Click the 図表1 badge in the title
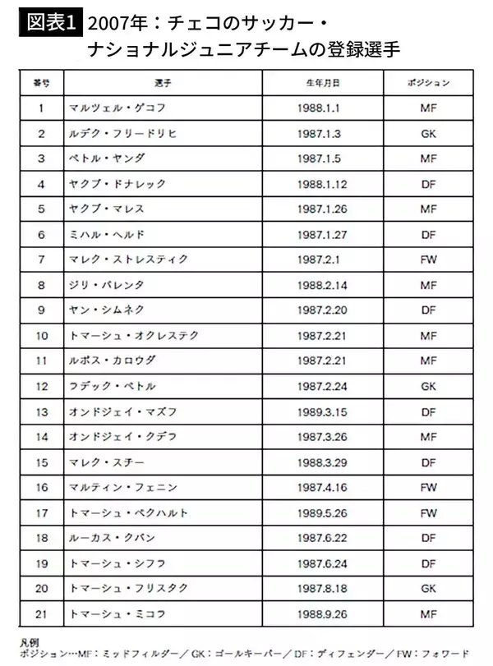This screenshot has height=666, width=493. [x=48, y=22]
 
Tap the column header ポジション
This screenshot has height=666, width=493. [x=428, y=84]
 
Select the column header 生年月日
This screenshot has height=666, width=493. [x=321, y=84]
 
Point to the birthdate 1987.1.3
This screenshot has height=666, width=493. [x=319, y=133]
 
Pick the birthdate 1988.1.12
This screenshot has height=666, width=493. [x=321, y=184]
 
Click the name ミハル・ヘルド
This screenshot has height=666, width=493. [x=108, y=234]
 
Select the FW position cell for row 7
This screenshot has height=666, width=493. [x=427, y=260]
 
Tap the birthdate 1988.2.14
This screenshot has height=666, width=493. [x=321, y=285]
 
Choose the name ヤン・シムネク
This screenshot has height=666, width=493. [x=108, y=310]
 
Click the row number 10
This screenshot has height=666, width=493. [x=42, y=336]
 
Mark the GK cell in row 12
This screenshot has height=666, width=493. [x=427, y=386]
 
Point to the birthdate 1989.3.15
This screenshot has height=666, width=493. [x=321, y=411]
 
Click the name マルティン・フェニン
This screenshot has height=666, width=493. [x=123, y=488]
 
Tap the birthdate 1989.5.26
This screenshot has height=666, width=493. [x=321, y=513]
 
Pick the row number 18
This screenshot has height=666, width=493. [x=42, y=538]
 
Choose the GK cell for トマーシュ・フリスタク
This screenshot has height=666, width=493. [x=427, y=589]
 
